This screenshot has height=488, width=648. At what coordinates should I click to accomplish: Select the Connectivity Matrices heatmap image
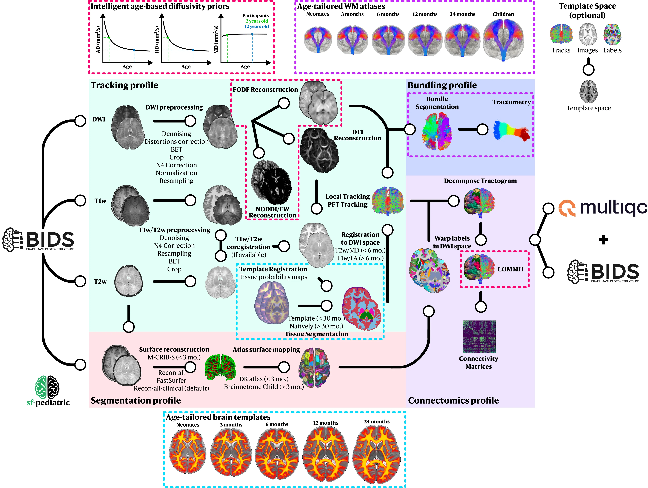coord(479,336)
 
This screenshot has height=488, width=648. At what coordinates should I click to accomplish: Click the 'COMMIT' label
coord(511,269)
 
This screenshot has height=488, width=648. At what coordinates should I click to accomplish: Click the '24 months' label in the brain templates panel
coord(377,421)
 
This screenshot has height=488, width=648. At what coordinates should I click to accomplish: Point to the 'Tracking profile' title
coord(125,85)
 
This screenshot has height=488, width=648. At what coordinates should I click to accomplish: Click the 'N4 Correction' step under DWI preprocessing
coord(176,165)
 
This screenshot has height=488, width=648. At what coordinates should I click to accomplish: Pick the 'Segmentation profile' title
coord(136,400)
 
